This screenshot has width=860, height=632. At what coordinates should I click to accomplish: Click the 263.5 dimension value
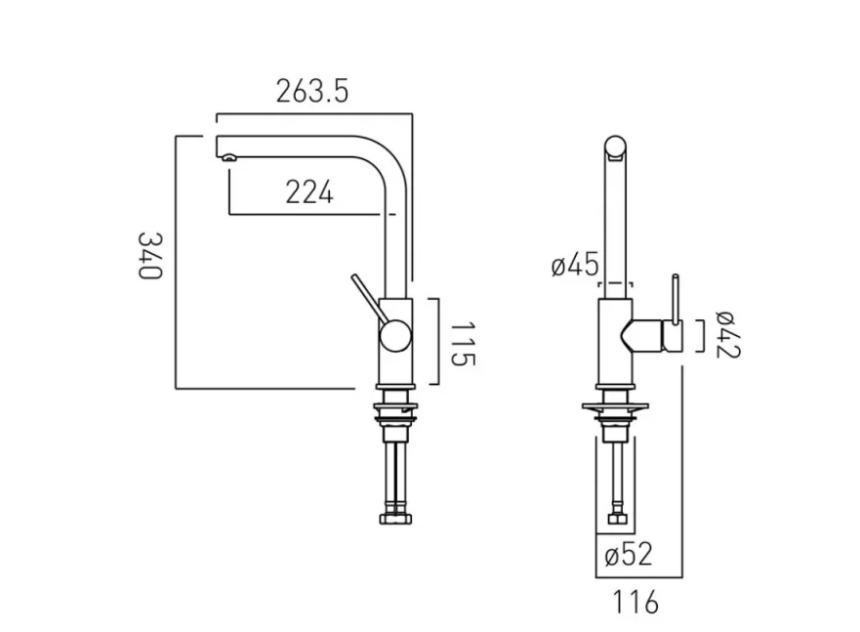coord(311,92)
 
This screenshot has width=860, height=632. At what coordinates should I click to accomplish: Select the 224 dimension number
coord(309,192)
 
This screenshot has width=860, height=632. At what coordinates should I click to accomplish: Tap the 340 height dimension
coord(148,256)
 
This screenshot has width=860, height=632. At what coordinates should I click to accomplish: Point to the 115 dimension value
coord(463,343)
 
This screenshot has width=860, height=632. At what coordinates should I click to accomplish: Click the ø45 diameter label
coord(574,265)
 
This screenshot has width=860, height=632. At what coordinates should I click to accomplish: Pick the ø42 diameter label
coord(727,334)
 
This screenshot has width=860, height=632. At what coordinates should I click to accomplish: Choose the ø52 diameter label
coord(628,556)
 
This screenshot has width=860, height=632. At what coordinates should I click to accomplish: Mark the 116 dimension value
coord(637,603)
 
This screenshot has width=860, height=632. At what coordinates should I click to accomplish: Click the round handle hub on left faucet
coord(395,337)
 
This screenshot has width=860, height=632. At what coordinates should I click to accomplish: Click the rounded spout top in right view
coord(615,146)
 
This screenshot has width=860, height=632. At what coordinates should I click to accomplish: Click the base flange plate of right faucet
coord(615,404)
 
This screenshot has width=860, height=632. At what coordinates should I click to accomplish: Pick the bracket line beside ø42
coord(702,335)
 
